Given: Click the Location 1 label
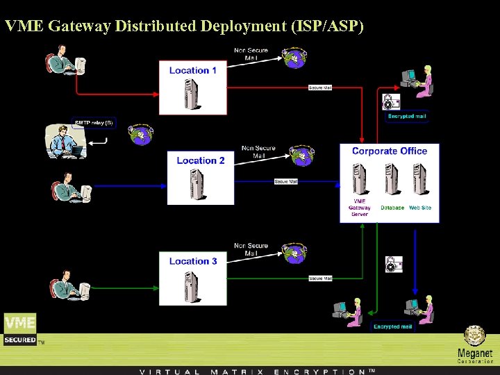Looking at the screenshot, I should (x=193, y=70).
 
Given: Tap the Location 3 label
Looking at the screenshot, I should (x=193, y=261).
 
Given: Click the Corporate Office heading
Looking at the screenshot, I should (x=390, y=151).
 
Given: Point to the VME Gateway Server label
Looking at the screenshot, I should (x=360, y=208).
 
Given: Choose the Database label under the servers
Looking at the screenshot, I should (x=392, y=208).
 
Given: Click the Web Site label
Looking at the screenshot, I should (x=420, y=208).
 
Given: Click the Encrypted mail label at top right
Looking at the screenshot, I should (x=406, y=117).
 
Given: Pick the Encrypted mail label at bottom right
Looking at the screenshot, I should (x=393, y=326).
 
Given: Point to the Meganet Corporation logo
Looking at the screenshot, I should (x=475, y=345).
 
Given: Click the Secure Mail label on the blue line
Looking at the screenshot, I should (x=286, y=181).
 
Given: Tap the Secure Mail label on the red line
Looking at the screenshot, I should (x=320, y=87).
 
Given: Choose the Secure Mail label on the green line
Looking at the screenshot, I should (x=320, y=278).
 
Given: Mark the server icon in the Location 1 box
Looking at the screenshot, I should (x=191, y=94).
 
